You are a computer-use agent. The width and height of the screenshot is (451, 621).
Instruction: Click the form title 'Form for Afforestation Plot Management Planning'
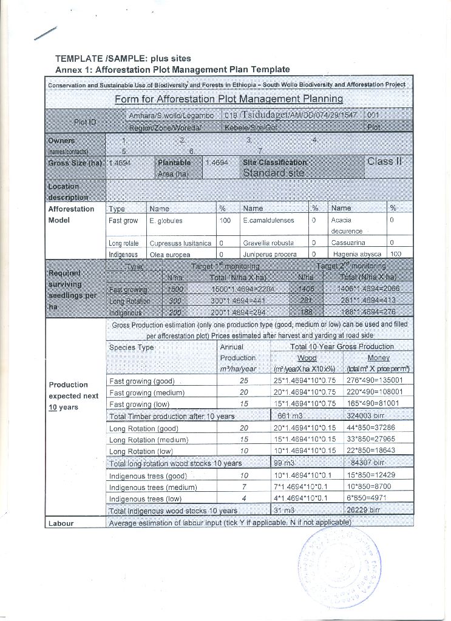[229, 99]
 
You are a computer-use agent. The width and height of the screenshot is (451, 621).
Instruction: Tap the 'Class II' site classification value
[384, 162]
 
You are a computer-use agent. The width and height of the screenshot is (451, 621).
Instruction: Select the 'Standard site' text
[274, 173]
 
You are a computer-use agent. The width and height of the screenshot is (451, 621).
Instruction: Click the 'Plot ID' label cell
[84, 121]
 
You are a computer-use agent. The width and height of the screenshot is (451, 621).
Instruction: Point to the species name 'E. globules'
[166, 221]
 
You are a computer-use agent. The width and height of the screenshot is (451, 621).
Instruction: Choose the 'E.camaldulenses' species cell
[268, 221]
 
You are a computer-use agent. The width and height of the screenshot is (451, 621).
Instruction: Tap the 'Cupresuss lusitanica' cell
[180, 243]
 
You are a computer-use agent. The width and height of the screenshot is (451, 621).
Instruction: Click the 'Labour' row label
[61, 523]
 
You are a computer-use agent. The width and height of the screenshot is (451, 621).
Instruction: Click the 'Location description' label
[69, 192]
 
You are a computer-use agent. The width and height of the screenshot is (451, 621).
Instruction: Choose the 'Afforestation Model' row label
[71, 215]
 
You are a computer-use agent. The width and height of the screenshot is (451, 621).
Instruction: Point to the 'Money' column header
[379, 358]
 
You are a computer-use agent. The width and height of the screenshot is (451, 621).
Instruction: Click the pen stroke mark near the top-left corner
[46, 33]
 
